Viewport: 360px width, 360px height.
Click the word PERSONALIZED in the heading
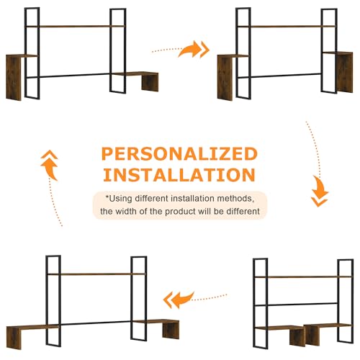tap(179, 153)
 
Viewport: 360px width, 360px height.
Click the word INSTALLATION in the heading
tap(179, 174)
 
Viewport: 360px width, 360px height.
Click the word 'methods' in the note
tap(235, 199)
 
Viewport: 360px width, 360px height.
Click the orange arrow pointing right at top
tap(192, 49)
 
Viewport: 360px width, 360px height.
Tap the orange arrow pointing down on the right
tap(320, 191)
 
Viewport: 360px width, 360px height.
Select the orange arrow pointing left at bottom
tap(179, 300)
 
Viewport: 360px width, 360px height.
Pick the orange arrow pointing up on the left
tap(50, 166)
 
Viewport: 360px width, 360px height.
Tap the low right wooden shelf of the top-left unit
tap(142, 81)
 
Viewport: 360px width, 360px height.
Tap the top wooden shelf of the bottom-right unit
tap(303, 276)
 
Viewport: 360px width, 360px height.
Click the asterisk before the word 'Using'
tap(107, 197)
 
